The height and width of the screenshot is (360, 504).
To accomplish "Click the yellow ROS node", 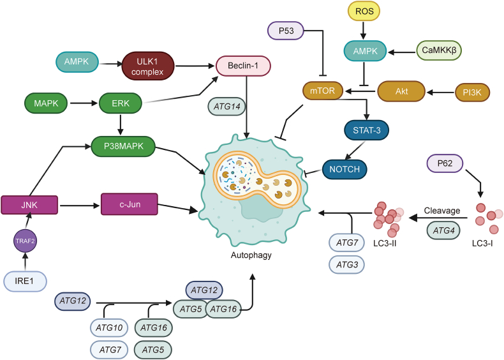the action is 364,11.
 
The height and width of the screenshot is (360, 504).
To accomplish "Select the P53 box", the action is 286,31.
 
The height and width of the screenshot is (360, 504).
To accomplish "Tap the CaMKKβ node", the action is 439,50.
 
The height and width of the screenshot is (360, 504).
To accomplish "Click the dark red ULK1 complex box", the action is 147,66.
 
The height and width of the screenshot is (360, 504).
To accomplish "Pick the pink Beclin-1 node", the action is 243,66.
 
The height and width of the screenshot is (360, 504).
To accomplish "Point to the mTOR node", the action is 323,91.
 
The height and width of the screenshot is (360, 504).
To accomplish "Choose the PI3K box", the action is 472,93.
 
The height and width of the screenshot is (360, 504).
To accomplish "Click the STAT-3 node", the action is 366,130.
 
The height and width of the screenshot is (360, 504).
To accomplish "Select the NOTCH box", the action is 345,169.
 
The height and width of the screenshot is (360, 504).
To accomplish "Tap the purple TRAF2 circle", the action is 25,241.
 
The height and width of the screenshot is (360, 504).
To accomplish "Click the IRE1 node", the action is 25,281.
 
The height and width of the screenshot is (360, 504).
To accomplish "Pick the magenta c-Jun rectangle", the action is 130,204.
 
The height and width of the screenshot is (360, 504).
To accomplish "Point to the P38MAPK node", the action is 123,146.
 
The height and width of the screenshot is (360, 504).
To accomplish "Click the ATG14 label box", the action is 227,107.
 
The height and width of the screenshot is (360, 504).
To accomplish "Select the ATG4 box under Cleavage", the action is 443,230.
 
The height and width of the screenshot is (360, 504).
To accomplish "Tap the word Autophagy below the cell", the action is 251,255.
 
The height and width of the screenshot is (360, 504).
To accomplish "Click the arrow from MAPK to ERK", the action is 84,103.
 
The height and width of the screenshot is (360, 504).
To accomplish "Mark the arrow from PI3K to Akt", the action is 440,93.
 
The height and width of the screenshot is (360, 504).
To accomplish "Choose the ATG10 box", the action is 109,328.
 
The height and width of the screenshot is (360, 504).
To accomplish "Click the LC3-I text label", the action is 482,244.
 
